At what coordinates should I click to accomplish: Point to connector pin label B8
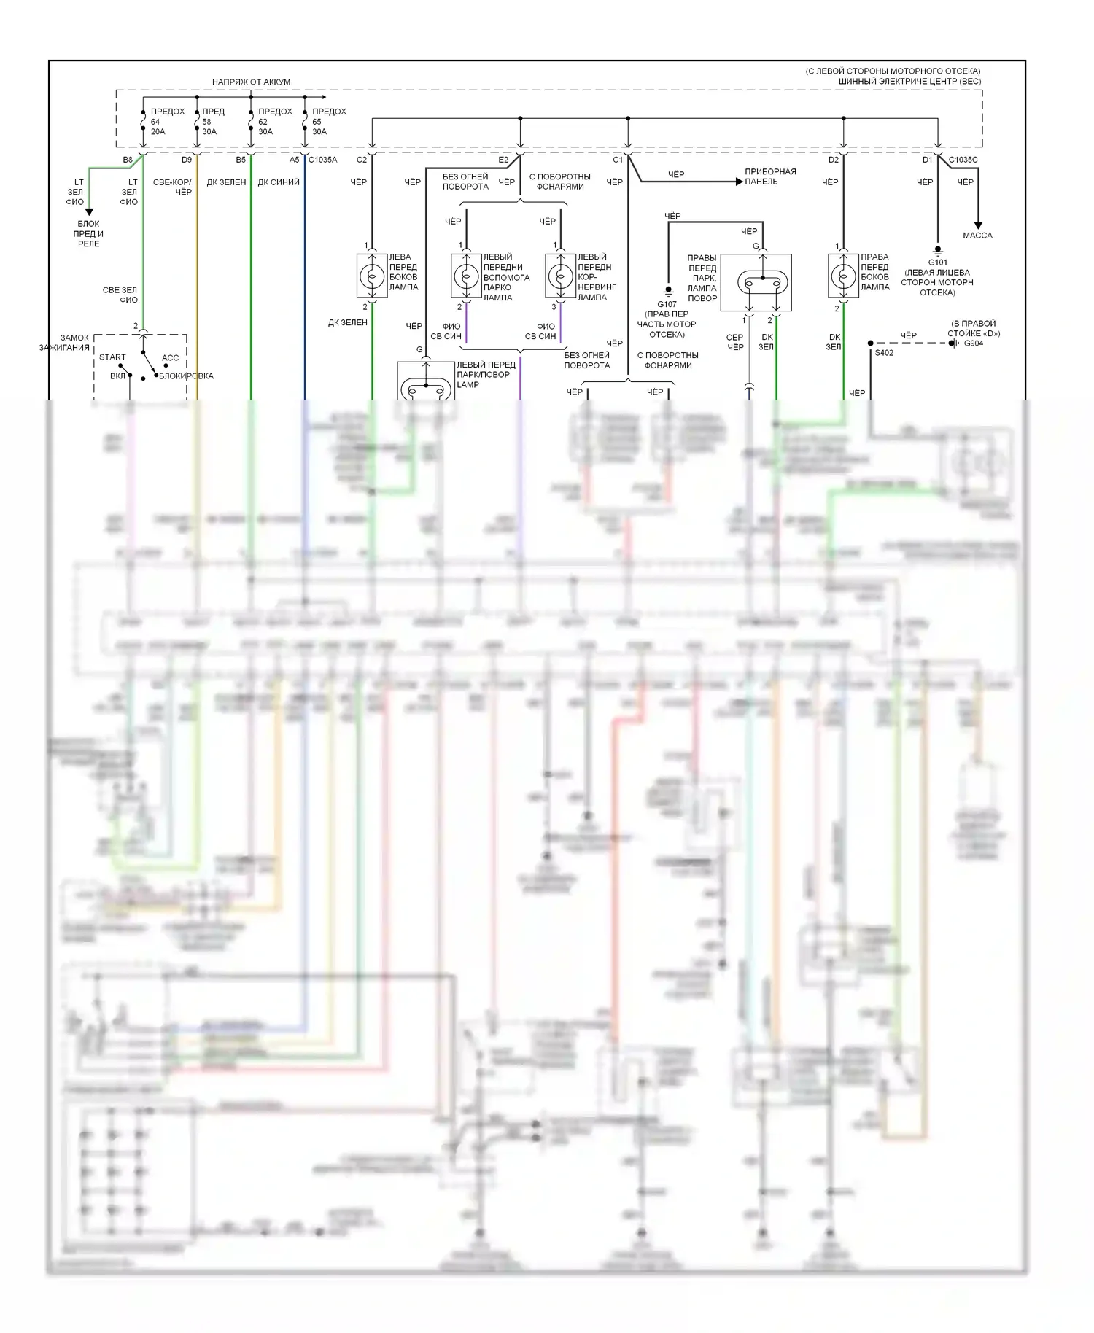pos(128,160)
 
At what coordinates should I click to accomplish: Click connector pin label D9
pos(186,160)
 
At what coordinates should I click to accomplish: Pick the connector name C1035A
pos(322,160)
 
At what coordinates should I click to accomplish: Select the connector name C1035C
pos(963,160)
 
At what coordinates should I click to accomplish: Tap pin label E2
pos(503,160)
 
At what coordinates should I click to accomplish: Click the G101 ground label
pos(937,263)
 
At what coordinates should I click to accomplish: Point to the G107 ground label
pos(667,304)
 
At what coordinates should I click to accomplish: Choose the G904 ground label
pos(973,343)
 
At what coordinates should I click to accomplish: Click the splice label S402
pos(884,353)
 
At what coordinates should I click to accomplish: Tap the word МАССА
pos(977,236)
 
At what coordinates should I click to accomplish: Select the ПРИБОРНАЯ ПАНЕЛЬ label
pos(770,176)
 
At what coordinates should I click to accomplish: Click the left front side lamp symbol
pos(371,276)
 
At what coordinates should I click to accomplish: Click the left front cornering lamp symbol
pos(560,276)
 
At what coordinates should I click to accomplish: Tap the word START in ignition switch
pos(112,357)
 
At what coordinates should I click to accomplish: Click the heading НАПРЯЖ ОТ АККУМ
pos(251,82)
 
